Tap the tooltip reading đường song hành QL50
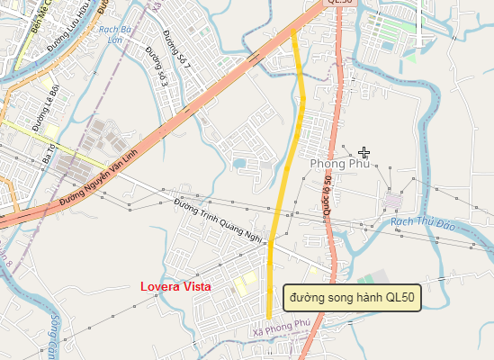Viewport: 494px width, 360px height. point(352,297)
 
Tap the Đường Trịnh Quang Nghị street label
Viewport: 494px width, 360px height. point(217,220)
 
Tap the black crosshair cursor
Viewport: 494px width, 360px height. point(364,152)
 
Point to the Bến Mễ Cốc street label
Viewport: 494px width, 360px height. point(37,16)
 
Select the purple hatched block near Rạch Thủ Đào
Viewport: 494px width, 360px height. point(393,200)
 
